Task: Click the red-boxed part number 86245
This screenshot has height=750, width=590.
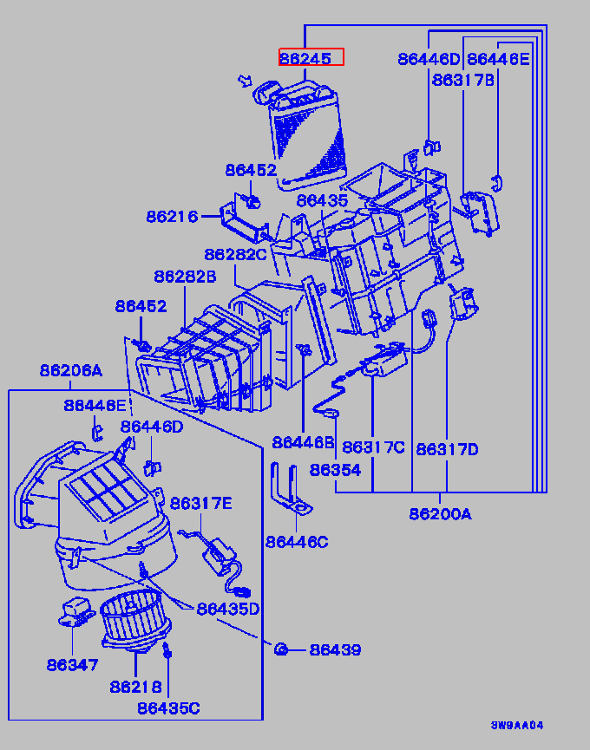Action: point(311,58)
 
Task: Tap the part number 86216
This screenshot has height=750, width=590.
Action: point(172,216)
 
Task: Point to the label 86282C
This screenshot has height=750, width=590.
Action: point(235,254)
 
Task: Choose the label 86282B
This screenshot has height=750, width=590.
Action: point(185,277)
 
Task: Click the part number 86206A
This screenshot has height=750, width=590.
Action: point(70,371)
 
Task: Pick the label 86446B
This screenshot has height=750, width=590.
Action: point(303,442)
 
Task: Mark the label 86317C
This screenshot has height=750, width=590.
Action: point(373,447)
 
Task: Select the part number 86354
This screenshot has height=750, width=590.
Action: point(335,470)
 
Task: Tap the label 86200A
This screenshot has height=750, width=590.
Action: point(440,514)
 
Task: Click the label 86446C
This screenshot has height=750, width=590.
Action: point(297,542)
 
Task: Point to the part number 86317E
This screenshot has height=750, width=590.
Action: point(201,503)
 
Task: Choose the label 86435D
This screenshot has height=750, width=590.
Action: point(227,609)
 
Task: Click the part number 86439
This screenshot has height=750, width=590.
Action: point(335,649)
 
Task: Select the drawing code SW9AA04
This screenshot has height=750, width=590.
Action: point(517,725)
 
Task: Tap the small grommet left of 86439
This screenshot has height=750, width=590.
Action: point(281,649)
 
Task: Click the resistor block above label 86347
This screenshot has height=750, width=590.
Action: point(75,610)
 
